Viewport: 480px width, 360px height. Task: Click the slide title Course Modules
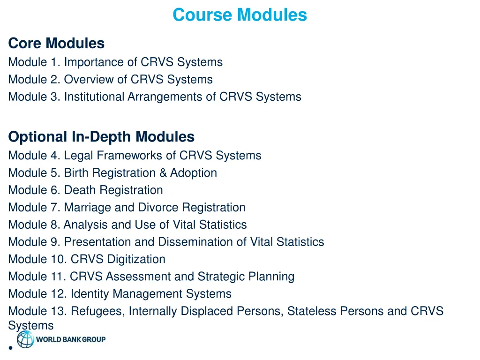click(x=240, y=15)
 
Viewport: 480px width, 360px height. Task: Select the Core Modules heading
click(x=56, y=44)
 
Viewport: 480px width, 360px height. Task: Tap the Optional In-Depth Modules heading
click(x=101, y=137)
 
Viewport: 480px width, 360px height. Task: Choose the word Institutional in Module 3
click(x=94, y=97)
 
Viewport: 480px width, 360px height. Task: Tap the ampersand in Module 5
click(x=163, y=172)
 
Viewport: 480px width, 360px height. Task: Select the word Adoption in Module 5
click(x=193, y=172)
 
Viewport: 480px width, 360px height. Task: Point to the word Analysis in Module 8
click(x=86, y=225)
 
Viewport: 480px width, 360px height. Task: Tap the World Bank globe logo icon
click(x=25, y=339)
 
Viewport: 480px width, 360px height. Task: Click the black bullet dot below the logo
click(x=10, y=348)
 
